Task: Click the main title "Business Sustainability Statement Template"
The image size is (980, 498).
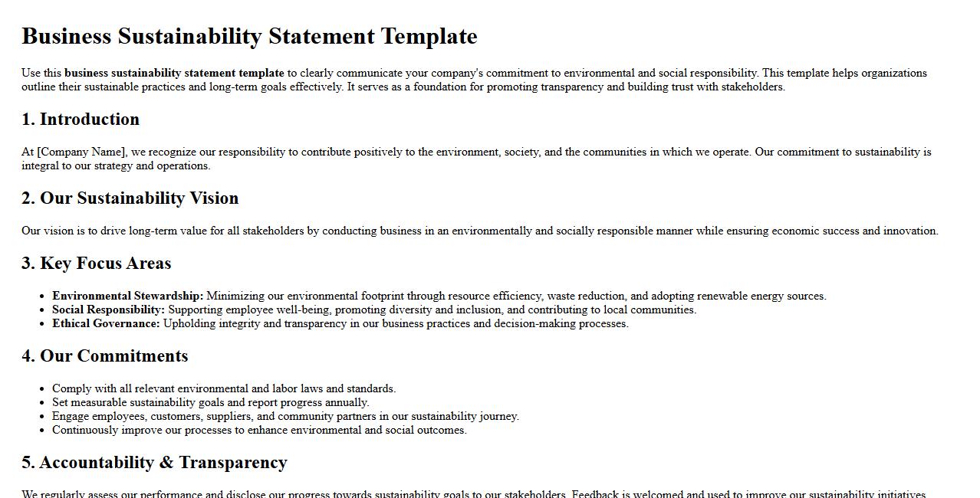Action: click(249, 36)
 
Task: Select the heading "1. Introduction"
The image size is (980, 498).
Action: click(81, 120)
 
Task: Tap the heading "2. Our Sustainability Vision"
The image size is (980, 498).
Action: click(130, 198)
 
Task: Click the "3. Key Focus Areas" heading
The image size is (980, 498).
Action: click(96, 264)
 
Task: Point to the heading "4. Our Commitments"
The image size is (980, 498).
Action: click(104, 356)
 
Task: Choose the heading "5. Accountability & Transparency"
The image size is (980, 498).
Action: click(154, 463)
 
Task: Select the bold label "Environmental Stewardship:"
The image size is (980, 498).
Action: click(127, 296)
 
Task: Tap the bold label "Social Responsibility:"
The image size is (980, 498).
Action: click(108, 310)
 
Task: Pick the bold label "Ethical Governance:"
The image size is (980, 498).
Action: click(106, 323)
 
